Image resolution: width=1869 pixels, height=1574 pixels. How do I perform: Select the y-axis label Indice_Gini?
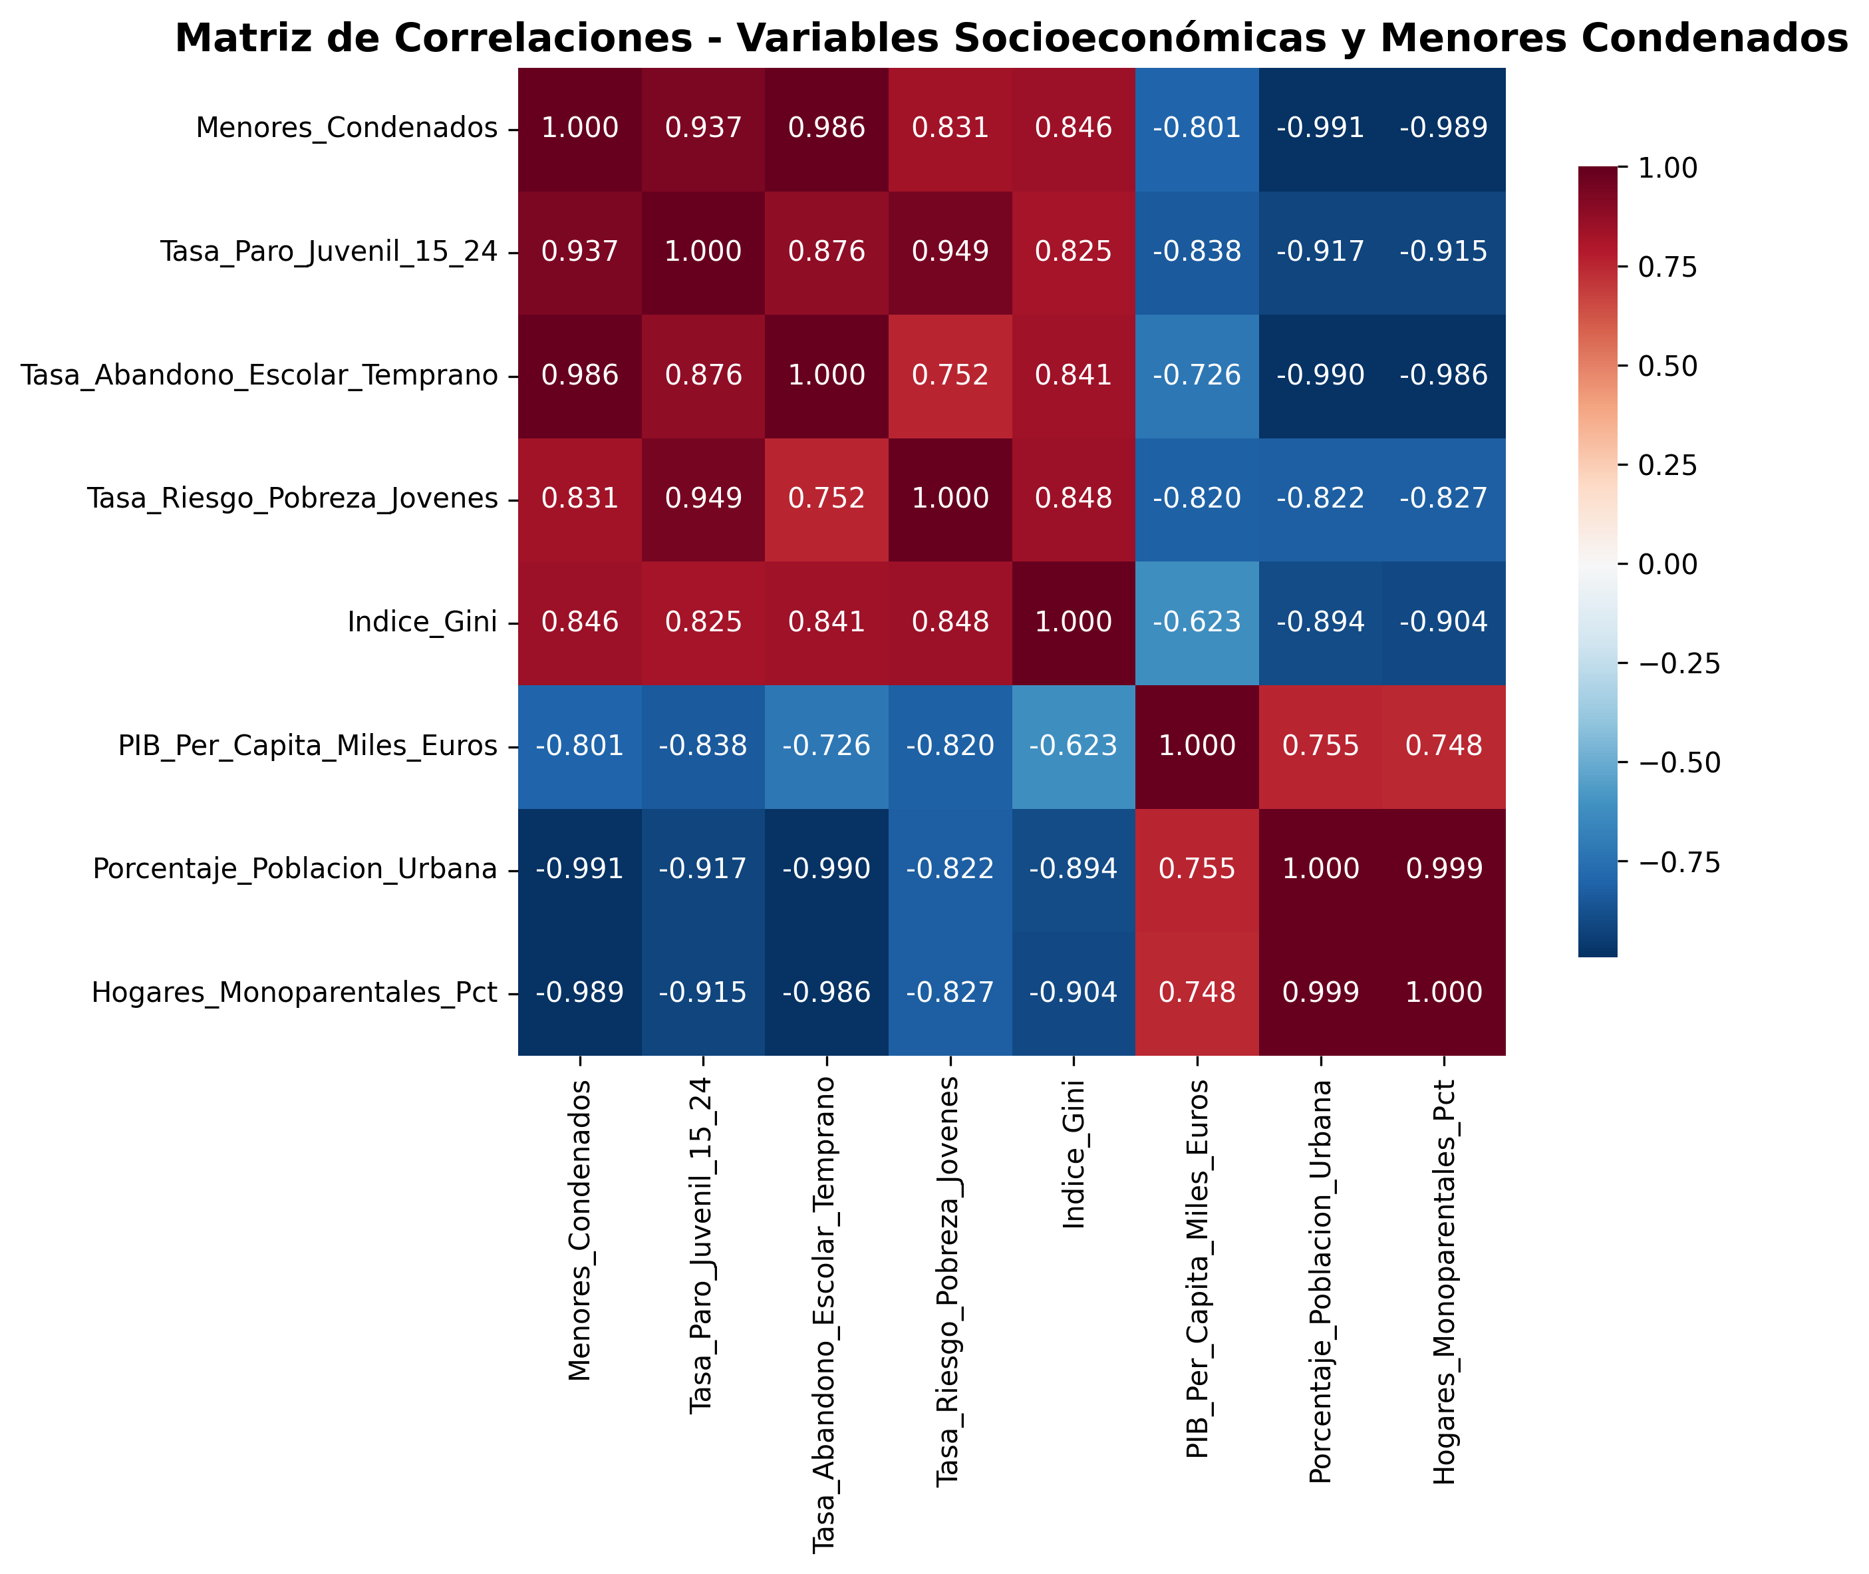(x=422, y=622)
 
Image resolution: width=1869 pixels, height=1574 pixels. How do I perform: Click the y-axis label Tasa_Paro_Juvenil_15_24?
(x=329, y=251)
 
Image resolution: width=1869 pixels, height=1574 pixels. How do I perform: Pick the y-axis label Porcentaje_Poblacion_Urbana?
(x=295, y=869)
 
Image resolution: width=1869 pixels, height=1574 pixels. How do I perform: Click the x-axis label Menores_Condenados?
(x=580, y=1231)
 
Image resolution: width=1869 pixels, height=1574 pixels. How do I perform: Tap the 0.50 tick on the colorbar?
(x=1667, y=366)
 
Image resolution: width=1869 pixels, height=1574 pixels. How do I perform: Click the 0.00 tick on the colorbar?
(x=1667, y=564)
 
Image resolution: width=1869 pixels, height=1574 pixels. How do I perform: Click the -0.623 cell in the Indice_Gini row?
(x=1197, y=622)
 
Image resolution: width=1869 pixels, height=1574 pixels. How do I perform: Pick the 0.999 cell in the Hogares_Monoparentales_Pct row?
(x=1320, y=992)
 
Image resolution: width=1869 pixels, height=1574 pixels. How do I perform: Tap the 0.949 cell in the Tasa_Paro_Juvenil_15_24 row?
(x=950, y=251)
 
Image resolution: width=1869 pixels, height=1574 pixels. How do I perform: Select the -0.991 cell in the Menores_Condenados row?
(x=1320, y=128)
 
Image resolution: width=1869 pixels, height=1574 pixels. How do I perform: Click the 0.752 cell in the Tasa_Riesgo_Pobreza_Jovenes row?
(x=827, y=498)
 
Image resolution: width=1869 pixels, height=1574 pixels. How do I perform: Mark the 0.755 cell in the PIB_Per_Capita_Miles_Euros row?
(x=1320, y=745)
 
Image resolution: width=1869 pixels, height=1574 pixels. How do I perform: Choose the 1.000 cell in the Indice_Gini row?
(x=1074, y=622)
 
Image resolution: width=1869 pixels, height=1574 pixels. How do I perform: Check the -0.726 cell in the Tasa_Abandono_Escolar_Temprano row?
(x=1197, y=375)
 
